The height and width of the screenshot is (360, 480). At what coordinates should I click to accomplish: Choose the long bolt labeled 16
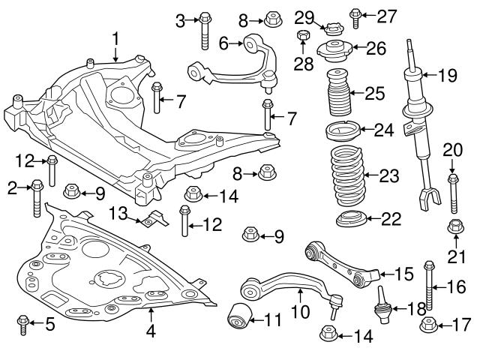(430, 287)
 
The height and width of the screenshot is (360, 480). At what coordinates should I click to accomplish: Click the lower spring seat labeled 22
(349, 220)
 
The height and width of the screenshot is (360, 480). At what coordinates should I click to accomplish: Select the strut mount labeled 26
(337, 52)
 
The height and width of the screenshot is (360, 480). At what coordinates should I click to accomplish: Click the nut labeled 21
(454, 226)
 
